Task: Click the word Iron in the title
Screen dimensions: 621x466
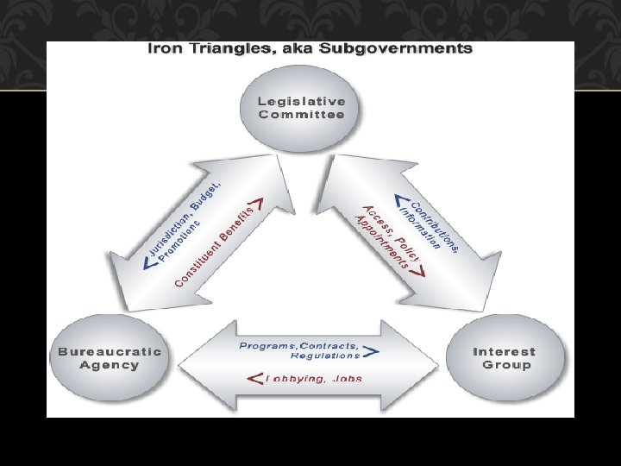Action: (x=165, y=48)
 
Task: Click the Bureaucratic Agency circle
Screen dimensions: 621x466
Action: (x=110, y=358)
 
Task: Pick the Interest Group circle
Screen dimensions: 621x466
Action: (x=504, y=358)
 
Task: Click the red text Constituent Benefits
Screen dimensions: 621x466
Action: (x=216, y=247)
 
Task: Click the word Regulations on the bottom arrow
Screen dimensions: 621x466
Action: (x=325, y=355)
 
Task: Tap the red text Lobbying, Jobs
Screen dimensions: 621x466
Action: (x=314, y=377)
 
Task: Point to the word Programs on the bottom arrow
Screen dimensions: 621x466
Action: (x=267, y=345)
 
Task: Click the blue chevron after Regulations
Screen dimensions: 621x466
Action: (x=370, y=352)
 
